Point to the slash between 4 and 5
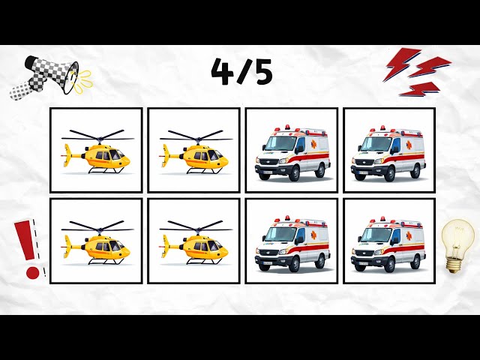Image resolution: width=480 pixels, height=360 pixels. click(x=242, y=72)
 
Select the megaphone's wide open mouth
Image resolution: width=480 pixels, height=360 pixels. click(x=71, y=78)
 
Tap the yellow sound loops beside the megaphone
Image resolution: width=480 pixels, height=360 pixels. click(x=82, y=81)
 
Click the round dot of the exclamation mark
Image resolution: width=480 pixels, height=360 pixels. click(x=32, y=272)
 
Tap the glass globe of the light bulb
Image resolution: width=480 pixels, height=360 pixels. click(x=457, y=237)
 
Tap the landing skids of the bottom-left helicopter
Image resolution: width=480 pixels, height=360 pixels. click(x=106, y=262)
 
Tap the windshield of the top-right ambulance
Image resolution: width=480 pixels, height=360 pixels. click(x=374, y=144)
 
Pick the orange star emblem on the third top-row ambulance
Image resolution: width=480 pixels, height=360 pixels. click(x=313, y=144)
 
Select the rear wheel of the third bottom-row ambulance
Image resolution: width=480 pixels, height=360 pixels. click(x=320, y=261)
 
